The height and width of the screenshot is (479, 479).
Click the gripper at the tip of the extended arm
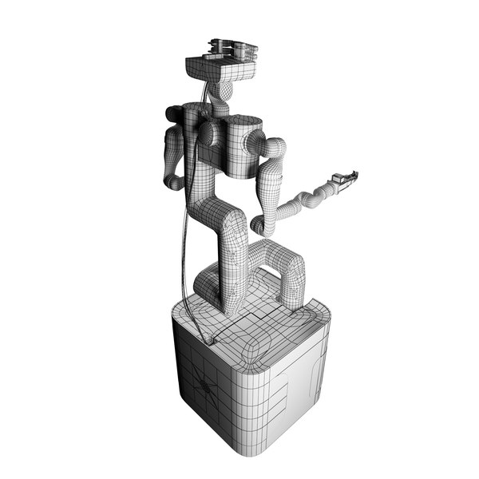(x=345, y=180)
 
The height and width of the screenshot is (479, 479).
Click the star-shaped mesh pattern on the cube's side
(x=206, y=386)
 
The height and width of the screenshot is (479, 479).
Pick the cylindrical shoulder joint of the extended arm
(x=255, y=144)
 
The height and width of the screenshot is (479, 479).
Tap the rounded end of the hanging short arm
(x=174, y=182)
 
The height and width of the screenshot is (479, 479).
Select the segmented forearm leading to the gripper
(x=307, y=200)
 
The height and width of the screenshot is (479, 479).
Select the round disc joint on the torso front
(x=210, y=133)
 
